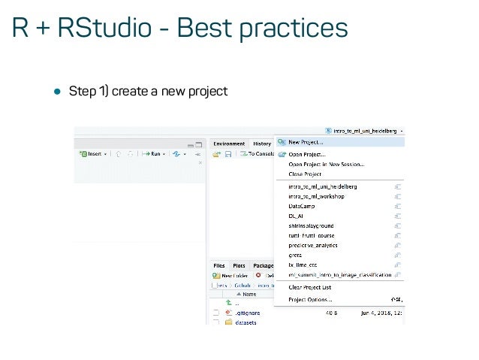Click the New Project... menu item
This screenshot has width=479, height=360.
[306, 141]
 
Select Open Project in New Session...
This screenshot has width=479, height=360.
[327, 164]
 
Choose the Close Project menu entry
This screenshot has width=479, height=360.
[305, 174]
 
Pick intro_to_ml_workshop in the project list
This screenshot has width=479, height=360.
[316, 195]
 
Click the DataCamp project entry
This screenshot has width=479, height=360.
[302, 205]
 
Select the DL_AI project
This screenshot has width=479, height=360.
[296, 215]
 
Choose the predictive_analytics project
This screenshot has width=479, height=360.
[313, 245]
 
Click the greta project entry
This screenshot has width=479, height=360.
[295, 255]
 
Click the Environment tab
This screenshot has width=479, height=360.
[229, 144]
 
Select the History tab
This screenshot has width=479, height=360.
[261, 144]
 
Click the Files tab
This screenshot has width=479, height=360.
[219, 265]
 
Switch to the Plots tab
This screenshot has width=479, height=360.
[239, 265]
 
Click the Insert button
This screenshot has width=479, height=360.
[93, 154]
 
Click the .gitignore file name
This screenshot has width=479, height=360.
[248, 312]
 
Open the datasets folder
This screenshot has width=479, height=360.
[246, 322]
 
